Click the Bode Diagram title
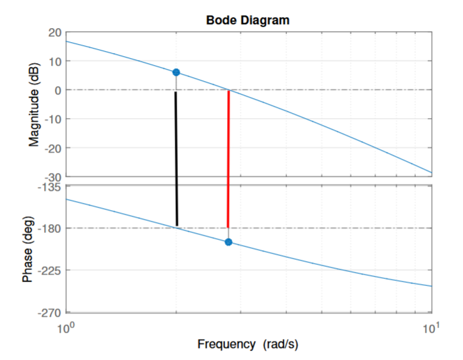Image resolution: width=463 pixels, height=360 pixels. click(x=247, y=20)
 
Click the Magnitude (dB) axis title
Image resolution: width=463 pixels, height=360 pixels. click(x=36, y=105)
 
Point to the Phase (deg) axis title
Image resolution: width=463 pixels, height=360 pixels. click(x=28, y=249)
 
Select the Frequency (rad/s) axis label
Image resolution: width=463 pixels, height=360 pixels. click(x=247, y=345)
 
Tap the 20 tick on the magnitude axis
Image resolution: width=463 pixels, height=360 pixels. click(x=54, y=33)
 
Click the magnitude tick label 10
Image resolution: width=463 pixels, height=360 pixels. click(x=54, y=61)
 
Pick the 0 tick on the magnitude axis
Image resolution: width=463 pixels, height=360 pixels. click(x=57, y=90)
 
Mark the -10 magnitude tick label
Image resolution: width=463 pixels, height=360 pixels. click(x=52, y=119)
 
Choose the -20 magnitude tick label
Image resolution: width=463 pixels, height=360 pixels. click(x=52, y=148)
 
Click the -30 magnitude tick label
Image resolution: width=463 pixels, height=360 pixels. click(x=52, y=177)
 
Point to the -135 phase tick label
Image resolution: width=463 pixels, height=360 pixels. click(x=49, y=188)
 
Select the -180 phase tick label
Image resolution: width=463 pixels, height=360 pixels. click(x=49, y=229)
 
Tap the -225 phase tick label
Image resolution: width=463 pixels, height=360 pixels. click(x=49, y=271)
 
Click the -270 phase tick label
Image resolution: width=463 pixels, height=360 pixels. click(x=49, y=313)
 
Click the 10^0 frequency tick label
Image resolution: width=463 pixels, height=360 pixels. click(x=66, y=328)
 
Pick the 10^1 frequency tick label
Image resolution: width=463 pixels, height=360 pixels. click(x=432, y=328)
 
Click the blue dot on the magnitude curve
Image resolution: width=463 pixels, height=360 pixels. click(x=176, y=72)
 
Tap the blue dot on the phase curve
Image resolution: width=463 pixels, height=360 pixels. click(x=228, y=242)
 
